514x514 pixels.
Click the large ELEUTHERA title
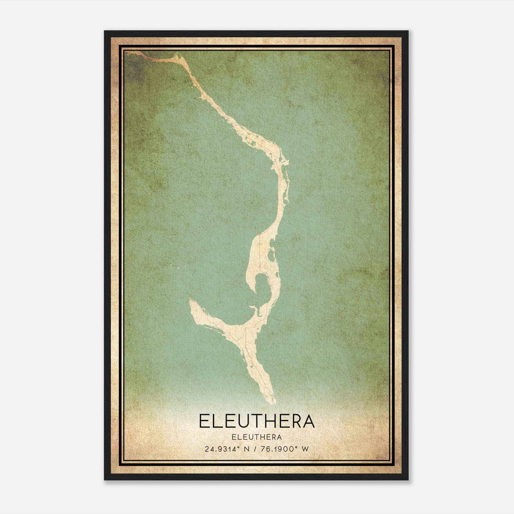(x=257, y=421)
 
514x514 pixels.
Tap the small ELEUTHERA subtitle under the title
(x=257, y=437)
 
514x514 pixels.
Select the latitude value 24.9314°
(x=223, y=449)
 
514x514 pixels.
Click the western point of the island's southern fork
(x=191, y=299)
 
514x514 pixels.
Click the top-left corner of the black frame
(x=105, y=31)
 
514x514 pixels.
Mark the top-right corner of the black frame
(x=408, y=31)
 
